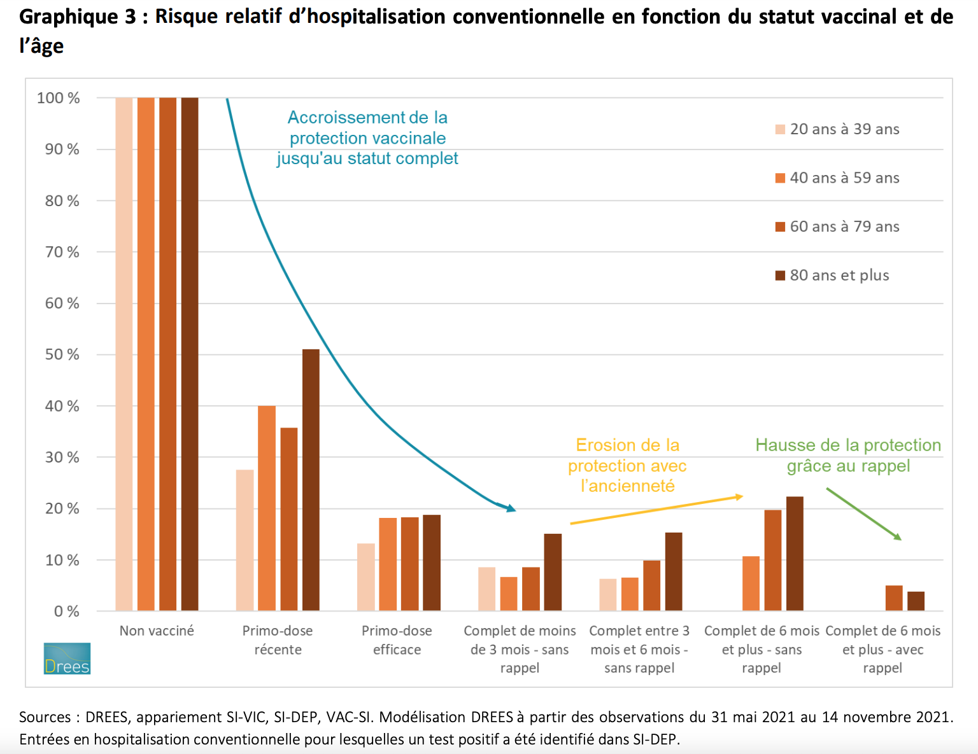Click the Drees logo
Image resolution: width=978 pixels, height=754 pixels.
(67, 659)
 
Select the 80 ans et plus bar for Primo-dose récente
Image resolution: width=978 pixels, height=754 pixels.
(311, 480)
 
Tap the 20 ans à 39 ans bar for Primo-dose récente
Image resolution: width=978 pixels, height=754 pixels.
(244, 540)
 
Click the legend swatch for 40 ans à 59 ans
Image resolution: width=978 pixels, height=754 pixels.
(780, 178)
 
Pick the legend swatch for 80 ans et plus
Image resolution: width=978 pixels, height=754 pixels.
(780, 276)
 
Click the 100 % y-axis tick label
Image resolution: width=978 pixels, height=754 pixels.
(59, 98)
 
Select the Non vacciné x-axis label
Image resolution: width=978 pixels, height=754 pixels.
(157, 631)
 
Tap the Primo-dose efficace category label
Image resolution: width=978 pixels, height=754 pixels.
(397, 640)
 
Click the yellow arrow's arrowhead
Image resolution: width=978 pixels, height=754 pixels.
(739, 496)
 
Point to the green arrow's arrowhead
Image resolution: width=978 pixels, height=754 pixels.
(898, 537)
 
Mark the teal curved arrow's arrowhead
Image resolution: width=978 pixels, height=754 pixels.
(511, 508)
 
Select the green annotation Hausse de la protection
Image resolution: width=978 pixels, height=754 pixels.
(848, 455)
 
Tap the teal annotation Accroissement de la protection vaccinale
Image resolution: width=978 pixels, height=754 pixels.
(367, 138)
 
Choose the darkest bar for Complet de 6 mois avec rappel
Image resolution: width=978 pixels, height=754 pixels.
(916, 601)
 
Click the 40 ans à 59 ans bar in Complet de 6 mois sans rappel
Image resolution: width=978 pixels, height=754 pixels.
(751, 583)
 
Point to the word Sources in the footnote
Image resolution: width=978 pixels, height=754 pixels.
(45, 717)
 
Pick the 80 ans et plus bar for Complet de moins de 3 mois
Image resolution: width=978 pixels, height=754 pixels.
(553, 572)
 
